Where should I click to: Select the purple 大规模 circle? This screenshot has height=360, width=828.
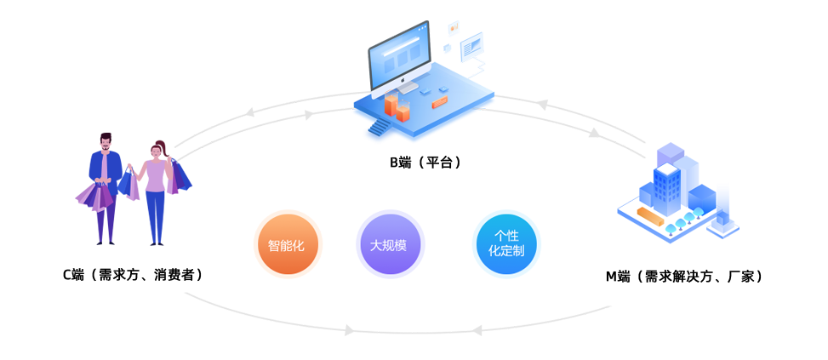tap(388, 246)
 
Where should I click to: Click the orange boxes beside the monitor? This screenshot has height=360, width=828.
tap(396, 106)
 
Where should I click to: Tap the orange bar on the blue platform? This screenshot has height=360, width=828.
tap(440, 103)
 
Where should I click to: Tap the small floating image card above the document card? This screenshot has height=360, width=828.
tap(453, 28)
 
